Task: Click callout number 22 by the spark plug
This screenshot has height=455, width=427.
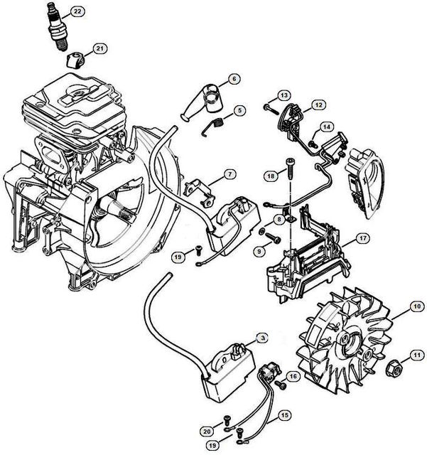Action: click(76, 12)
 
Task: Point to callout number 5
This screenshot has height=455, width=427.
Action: click(240, 110)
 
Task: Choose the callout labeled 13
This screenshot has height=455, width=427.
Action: click(283, 95)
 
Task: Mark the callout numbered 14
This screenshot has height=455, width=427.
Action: click(326, 127)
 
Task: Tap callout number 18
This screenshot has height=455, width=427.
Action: click(271, 176)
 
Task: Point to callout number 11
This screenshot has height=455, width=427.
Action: click(417, 353)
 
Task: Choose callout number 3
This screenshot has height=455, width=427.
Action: click(262, 338)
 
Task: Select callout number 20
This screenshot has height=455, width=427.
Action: click(207, 431)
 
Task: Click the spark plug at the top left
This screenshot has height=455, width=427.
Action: click(58, 28)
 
